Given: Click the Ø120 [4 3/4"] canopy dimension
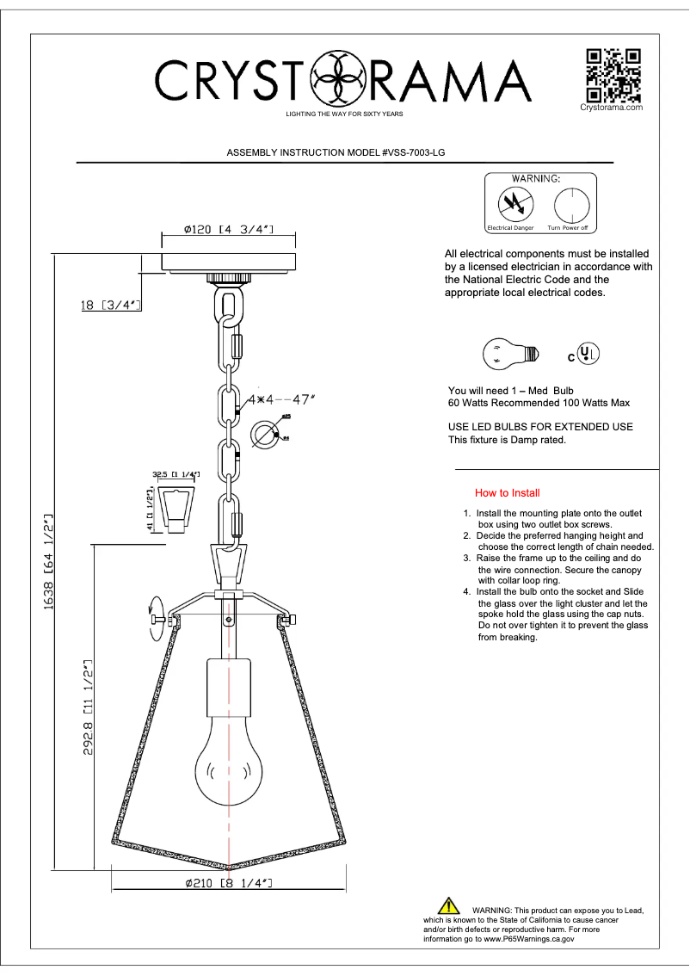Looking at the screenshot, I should [x=228, y=230].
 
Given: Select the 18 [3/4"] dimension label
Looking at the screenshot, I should [x=110, y=305].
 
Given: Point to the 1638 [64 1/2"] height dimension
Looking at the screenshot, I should [x=50, y=559].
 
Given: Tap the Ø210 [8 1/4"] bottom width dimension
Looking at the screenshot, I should [x=229, y=883].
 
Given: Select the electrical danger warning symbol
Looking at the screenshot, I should [x=515, y=205].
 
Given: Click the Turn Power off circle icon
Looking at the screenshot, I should [x=568, y=205].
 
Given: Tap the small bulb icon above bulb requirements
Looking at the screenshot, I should [x=510, y=353].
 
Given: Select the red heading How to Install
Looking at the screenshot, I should [x=508, y=493].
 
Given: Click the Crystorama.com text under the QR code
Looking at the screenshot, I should [x=612, y=108].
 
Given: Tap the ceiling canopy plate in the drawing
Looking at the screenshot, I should [x=229, y=262].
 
